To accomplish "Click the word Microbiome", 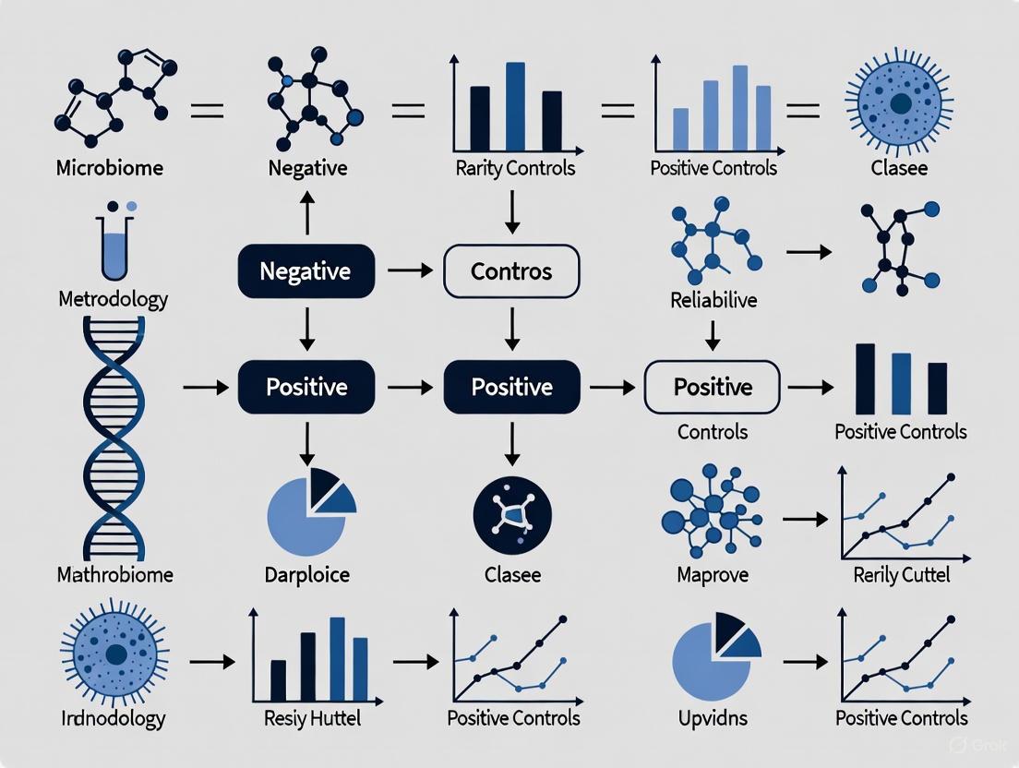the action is (x=109, y=169).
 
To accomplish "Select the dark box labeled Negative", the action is (x=306, y=271).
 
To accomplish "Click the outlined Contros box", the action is (x=511, y=271).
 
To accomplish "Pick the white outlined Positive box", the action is (x=712, y=387).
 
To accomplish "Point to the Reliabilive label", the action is (x=713, y=299).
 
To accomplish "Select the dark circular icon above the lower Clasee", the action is (x=511, y=513).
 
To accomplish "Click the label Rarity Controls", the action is (x=515, y=168).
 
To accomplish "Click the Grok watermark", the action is (x=972, y=743).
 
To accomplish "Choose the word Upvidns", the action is (x=712, y=717).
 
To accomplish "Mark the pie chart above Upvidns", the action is (x=714, y=652).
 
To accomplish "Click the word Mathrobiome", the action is (x=114, y=575).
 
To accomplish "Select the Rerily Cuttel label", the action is (x=901, y=575).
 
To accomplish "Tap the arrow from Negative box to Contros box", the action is (x=410, y=271).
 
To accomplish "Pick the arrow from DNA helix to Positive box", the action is (x=205, y=388).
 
